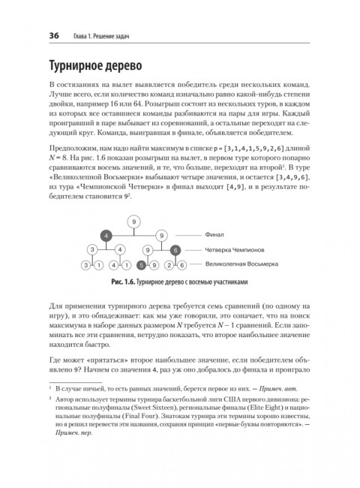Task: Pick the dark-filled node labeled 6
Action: [175, 250]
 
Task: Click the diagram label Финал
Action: [214, 236]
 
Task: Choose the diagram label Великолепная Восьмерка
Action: [241, 264]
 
